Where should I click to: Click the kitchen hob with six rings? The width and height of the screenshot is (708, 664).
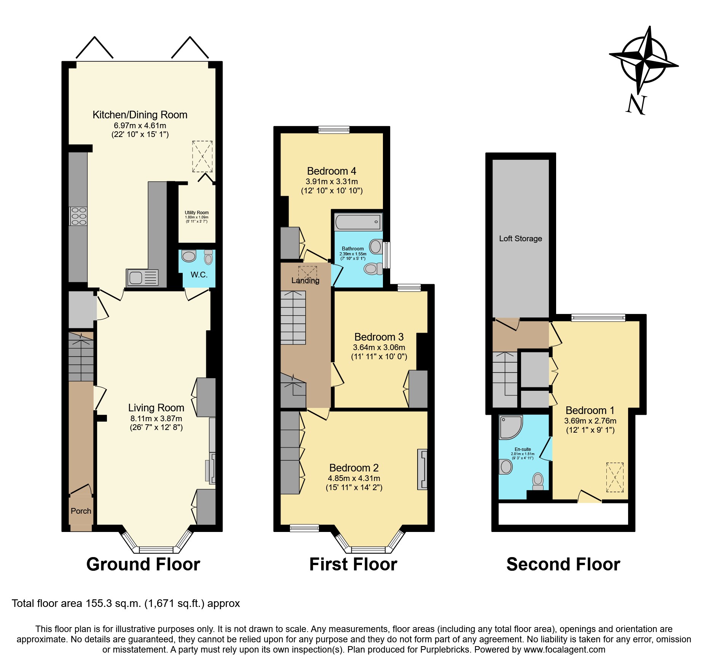click(78, 216)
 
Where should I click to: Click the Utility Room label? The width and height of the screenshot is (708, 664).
click(197, 213)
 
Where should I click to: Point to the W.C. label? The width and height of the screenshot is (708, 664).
click(199, 275)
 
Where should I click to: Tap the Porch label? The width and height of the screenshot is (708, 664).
click(81, 511)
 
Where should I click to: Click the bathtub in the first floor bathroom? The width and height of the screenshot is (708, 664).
click(358, 222)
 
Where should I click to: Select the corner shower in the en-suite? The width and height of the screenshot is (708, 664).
click(510, 427)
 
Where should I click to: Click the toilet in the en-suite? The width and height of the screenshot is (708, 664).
click(538, 481)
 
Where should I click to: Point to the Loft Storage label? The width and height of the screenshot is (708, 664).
click(520, 239)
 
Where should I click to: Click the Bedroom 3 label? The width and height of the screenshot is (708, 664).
click(379, 337)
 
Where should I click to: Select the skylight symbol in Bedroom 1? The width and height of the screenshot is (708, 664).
click(615, 477)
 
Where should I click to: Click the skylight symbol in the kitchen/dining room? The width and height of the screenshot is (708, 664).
click(202, 156)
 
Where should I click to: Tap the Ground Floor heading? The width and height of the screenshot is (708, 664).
click(143, 564)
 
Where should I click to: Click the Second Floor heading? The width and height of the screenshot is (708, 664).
click(563, 564)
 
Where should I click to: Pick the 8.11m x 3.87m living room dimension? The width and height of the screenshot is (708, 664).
click(156, 419)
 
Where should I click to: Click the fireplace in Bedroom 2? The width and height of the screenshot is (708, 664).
click(423, 469)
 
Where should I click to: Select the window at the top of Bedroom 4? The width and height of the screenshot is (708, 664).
click(334, 130)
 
